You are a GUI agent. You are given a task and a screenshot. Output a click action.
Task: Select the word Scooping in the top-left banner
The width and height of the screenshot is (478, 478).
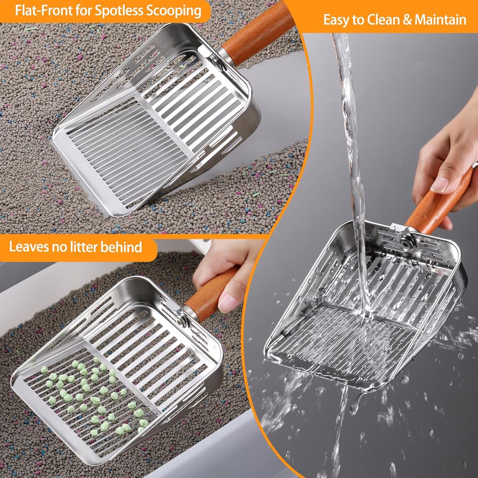point(174,11)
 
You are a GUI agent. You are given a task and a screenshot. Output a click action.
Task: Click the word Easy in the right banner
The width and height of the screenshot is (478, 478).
point(336,20)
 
